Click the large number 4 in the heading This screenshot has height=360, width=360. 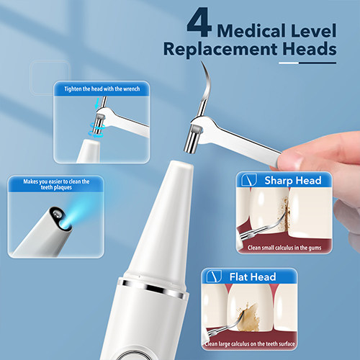(199, 22)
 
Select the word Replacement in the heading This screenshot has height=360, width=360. (220, 50)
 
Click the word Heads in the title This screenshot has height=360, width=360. (310, 49)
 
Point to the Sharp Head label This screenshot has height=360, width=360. (293, 181)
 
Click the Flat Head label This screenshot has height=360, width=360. (253, 277)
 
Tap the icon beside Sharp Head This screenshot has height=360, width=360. (249, 180)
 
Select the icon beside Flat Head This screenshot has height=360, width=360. (214, 276)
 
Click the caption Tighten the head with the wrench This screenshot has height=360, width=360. (102, 89)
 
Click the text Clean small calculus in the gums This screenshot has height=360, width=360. (284, 248)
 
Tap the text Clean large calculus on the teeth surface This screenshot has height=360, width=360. (250, 343)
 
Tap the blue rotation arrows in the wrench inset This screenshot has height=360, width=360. (96, 130)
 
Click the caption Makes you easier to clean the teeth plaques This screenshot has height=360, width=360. (56, 184)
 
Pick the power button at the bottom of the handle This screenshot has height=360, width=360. (132, 356)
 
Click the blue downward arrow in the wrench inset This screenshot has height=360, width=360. (97, 103)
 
